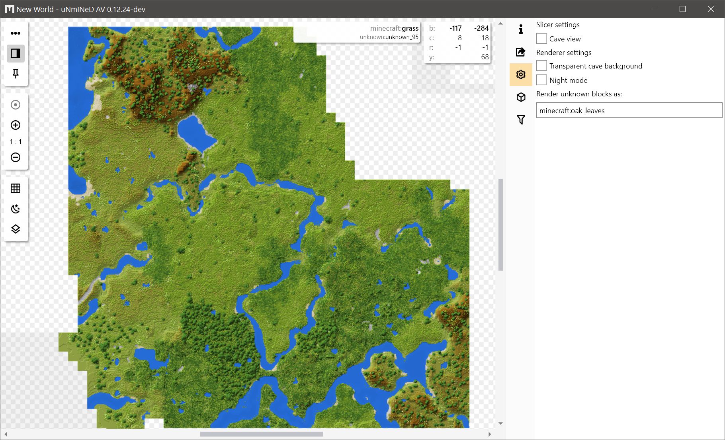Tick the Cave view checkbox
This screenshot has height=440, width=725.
point(541,39)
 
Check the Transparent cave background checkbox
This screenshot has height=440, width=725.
point(541,66)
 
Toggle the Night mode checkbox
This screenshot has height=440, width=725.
point(541,80)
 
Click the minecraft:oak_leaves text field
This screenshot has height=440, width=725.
point(629,110)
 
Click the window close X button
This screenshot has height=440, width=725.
point(711,9)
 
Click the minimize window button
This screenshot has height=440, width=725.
point(655,9)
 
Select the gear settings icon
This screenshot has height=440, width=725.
point(521,74)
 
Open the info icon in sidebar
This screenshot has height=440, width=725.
point(521,29)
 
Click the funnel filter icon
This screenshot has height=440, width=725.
point(521,119)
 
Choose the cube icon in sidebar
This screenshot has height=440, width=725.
point(521,97)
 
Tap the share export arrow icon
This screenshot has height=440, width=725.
point(521,52)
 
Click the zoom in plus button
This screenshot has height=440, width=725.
point(16,125)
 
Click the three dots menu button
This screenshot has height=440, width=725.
point(16,33)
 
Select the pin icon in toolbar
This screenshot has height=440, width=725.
point(16,74)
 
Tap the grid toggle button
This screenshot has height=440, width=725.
point(16,188)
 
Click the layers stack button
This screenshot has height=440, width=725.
point(16,229)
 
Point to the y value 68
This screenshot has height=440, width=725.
point(485,57)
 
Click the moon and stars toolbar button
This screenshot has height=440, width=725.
point(16,209)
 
